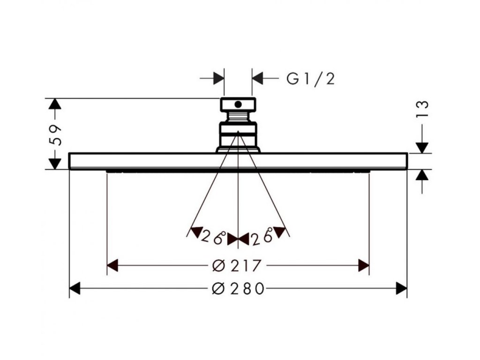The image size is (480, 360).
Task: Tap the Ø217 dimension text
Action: [236, 266]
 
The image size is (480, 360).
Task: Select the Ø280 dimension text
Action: [238, 289]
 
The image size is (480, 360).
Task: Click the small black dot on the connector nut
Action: [238, 104]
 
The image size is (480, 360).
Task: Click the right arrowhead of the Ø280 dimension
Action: [401, 289]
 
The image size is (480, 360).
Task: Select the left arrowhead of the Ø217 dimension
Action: [113, 266]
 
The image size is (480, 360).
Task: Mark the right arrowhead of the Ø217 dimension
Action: [363, 266]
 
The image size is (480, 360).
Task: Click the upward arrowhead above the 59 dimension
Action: [55, 105]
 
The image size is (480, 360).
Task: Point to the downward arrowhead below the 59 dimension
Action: [55, 163]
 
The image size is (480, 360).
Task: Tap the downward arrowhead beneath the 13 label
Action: [423, 147]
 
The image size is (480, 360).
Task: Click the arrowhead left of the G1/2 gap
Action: [218, 77]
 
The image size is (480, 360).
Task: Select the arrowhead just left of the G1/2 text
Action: [258, 77]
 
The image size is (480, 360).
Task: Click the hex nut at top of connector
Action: [238, 104]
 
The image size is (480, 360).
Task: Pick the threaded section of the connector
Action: [238, 116]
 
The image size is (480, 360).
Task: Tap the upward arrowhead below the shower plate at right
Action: [423, 175]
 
